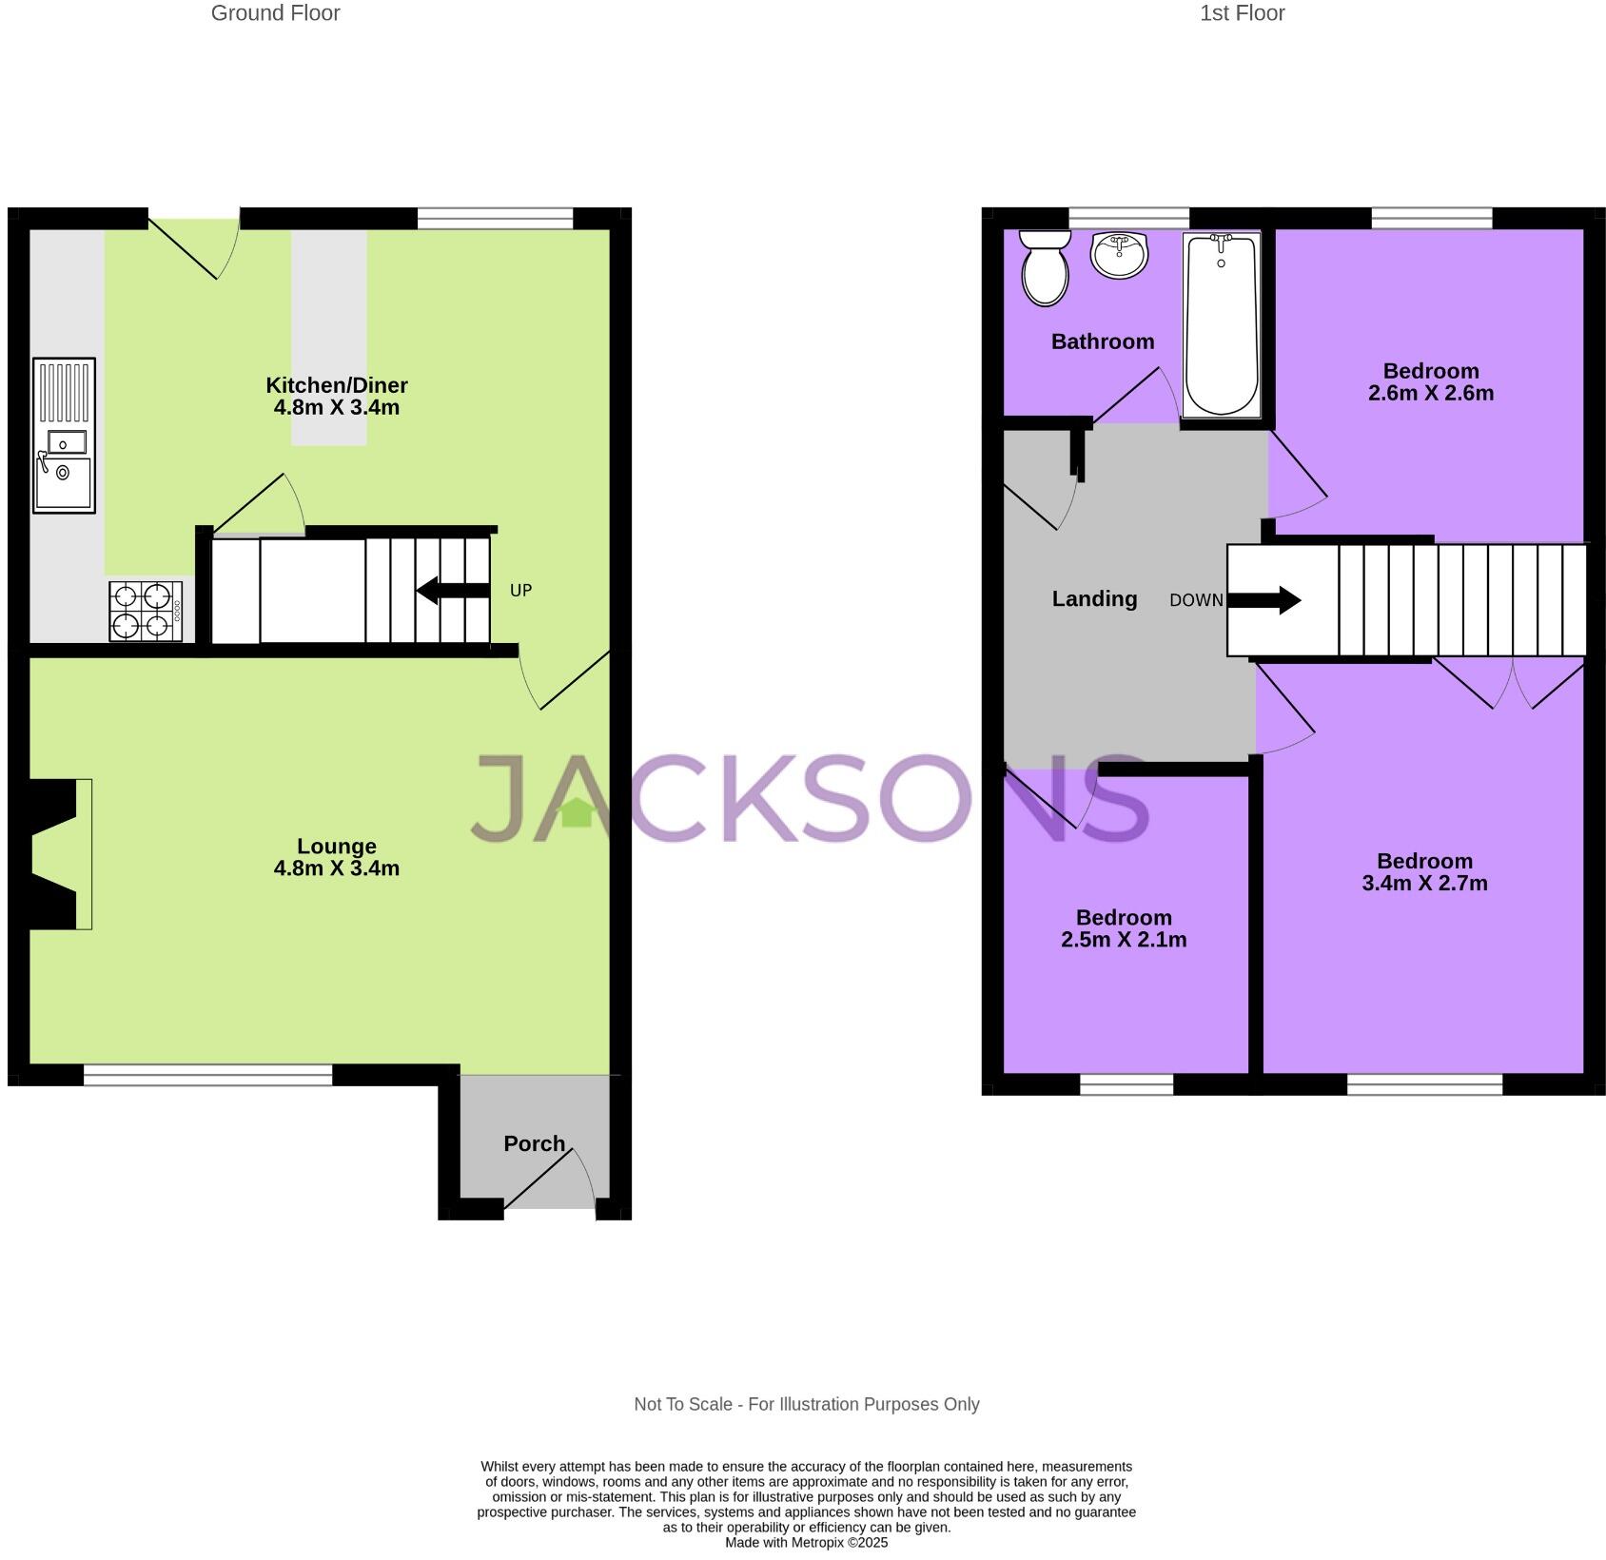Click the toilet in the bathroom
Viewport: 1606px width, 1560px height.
click(1045, 268)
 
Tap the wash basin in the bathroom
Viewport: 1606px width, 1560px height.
click(1120, 254)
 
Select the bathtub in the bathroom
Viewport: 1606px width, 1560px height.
click(1222, 324)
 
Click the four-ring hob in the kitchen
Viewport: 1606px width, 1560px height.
click(145, 611)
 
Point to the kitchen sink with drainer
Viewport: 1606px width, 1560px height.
click(64, 435)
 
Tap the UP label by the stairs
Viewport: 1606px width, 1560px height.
click(520, 591)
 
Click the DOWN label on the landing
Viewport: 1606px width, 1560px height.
click(1196, 600)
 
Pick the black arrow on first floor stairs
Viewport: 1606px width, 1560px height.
click(1264, 600)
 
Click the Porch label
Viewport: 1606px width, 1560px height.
click(534, 1143)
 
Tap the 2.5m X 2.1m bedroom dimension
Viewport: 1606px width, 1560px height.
click(1124, 940)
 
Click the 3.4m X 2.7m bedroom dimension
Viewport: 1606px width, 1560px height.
click(1424, 883)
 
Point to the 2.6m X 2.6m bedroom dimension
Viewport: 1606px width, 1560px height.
click(1430, 393)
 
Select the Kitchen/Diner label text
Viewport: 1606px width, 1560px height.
click(336, 385)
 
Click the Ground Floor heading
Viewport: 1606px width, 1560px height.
click(275, 13)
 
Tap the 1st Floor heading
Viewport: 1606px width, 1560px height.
click(1242, 13)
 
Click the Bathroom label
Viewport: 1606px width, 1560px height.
click(1102, 341)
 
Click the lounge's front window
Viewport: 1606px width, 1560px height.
click(207, 1075)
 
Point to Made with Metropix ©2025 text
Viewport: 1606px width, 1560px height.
click(806, 1542)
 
